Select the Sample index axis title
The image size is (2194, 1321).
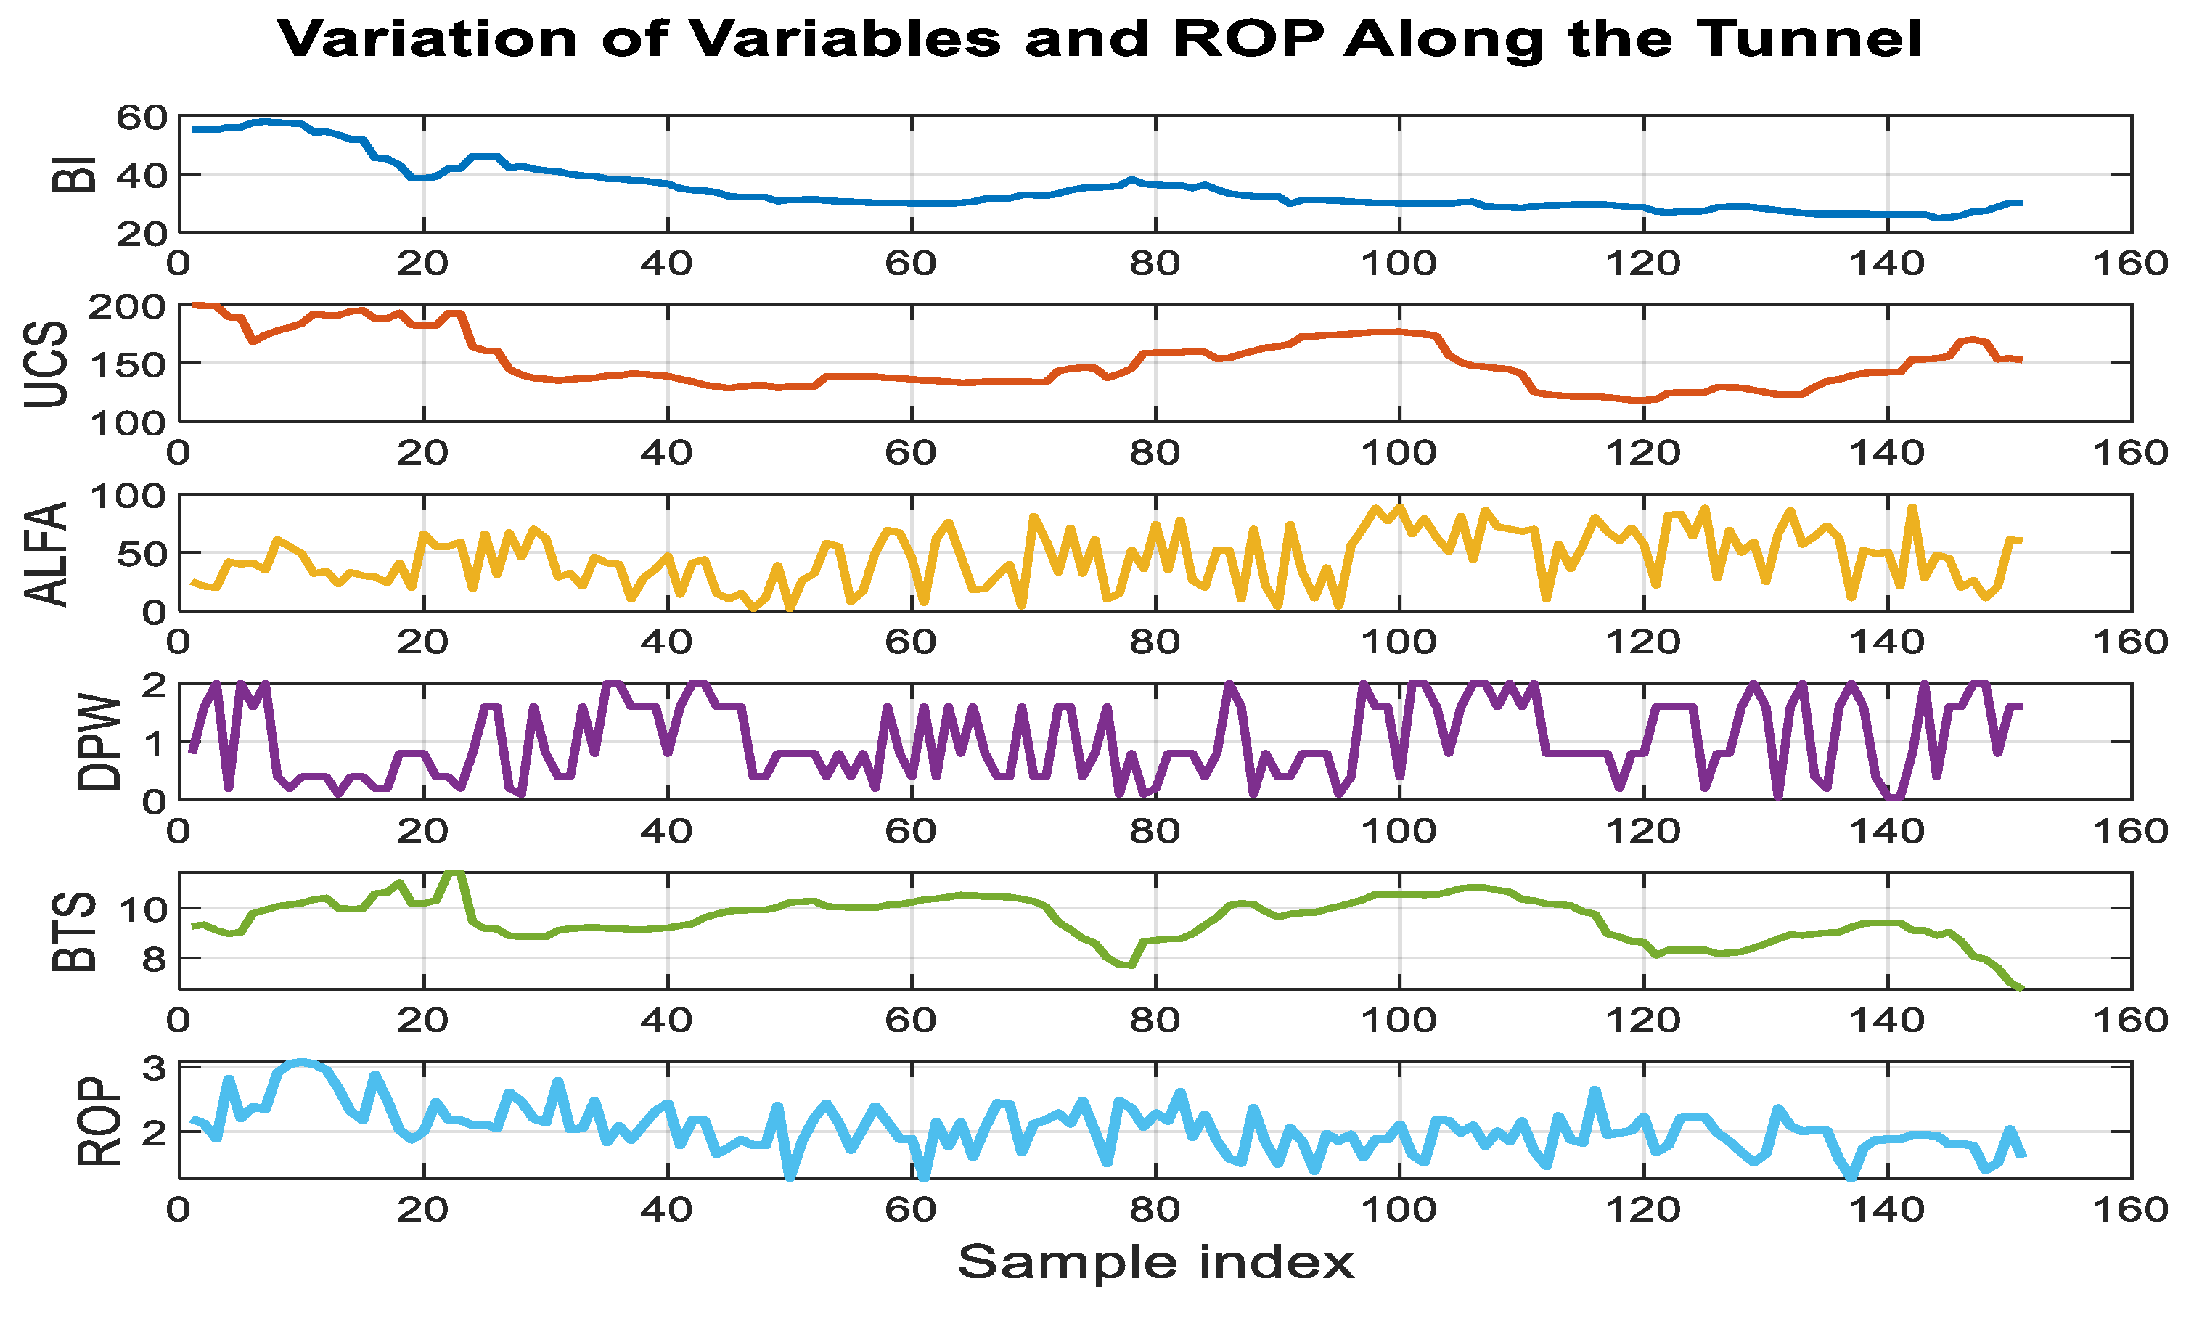point(1155,1263)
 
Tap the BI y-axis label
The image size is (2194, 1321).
point(74,174)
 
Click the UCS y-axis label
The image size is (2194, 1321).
point(46,364)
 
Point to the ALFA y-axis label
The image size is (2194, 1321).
point(46,554)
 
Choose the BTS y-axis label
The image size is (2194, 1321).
point(74,931)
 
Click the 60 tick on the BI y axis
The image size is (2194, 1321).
point(142,117)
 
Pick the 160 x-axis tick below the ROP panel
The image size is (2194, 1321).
point(2131,1208)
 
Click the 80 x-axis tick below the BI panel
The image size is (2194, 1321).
point(1155,263)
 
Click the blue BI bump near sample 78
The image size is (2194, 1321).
point(1130,180)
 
